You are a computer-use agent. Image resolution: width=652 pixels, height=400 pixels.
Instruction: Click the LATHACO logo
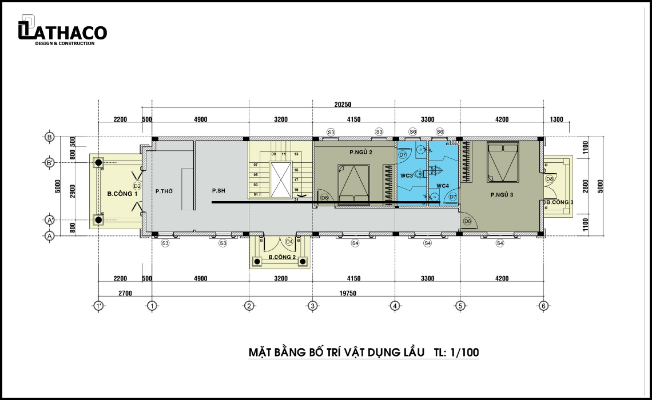[62, 30]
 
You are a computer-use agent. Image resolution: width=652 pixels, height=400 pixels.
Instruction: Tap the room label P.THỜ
[164, 191]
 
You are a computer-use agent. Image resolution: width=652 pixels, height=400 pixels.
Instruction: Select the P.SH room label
[218, 191]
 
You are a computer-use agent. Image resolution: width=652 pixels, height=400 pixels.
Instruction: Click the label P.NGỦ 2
[360, 153]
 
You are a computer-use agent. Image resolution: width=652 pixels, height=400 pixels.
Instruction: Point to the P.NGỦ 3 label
[502, 194]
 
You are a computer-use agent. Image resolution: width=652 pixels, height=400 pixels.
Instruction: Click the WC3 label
[406, 175]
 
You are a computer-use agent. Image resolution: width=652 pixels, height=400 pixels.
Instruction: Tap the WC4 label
[443, 186]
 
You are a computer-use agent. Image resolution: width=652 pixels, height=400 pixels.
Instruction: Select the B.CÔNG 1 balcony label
[122, 194]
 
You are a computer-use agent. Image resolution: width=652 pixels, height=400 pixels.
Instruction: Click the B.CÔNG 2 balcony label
[282, 257]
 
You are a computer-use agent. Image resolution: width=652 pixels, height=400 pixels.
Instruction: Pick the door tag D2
[137, 186]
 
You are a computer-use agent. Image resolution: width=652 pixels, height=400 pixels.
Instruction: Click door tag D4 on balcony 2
[289, 241]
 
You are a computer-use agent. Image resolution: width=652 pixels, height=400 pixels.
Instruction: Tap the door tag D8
[550, 179]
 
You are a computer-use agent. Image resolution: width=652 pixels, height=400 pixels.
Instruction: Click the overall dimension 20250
[343, 105]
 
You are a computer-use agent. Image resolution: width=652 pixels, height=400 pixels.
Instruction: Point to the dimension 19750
[348, 293]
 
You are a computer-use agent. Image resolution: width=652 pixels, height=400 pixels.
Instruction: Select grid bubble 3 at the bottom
[312, 306]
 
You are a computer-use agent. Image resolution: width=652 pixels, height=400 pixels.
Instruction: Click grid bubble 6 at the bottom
[543, 306]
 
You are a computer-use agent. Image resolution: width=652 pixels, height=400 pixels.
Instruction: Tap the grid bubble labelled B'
[50, 162]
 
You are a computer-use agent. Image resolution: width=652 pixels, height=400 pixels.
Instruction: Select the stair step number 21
[296, 200]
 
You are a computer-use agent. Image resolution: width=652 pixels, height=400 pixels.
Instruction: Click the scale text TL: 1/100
[456, 352]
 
